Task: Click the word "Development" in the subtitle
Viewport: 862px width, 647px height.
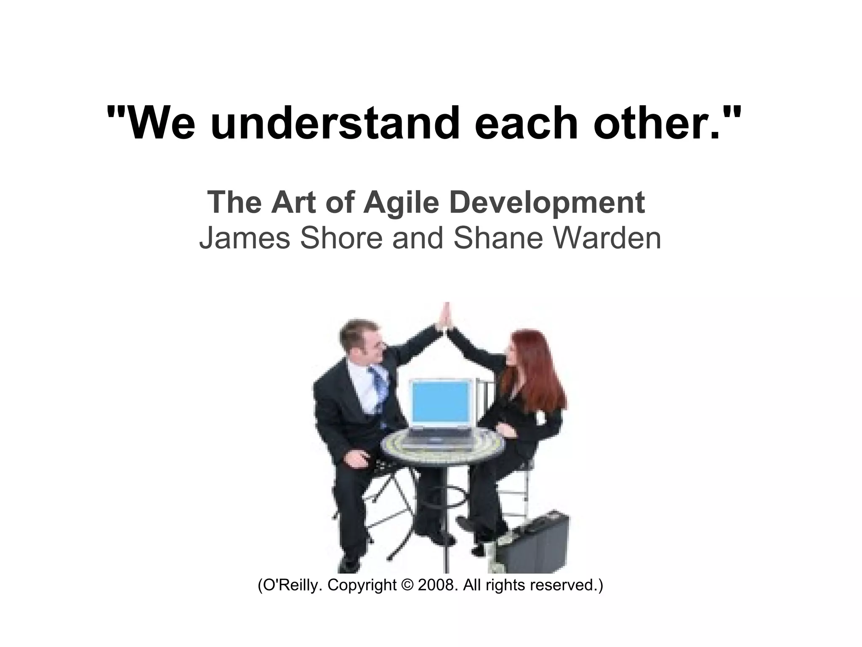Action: tap(547, 203)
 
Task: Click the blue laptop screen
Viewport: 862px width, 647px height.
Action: tap(440, 404)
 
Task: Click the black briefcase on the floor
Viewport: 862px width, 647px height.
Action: tap(535, 543)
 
